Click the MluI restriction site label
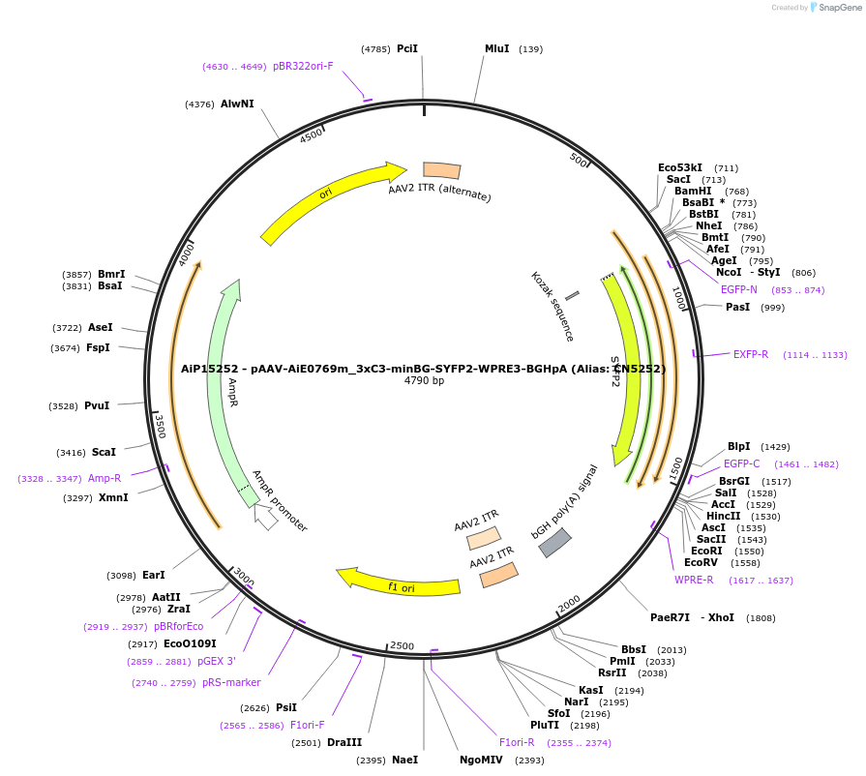coord(496,48)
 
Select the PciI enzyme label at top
coord(407,48)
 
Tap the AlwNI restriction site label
coord(237,104)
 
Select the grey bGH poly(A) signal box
coord(554,543)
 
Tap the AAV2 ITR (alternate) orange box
coord(441,170)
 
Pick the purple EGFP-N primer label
coord(739,289)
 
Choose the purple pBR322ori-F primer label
coord(303,66)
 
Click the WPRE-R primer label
coord(694,580)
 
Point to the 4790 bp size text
coord(424,380)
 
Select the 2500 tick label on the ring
coord(401,645)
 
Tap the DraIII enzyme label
coord(344,742)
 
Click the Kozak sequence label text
coord(552,306)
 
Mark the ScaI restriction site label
coord(104,452)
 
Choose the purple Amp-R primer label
coord(105,478)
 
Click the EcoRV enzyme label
coord(702,562)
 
